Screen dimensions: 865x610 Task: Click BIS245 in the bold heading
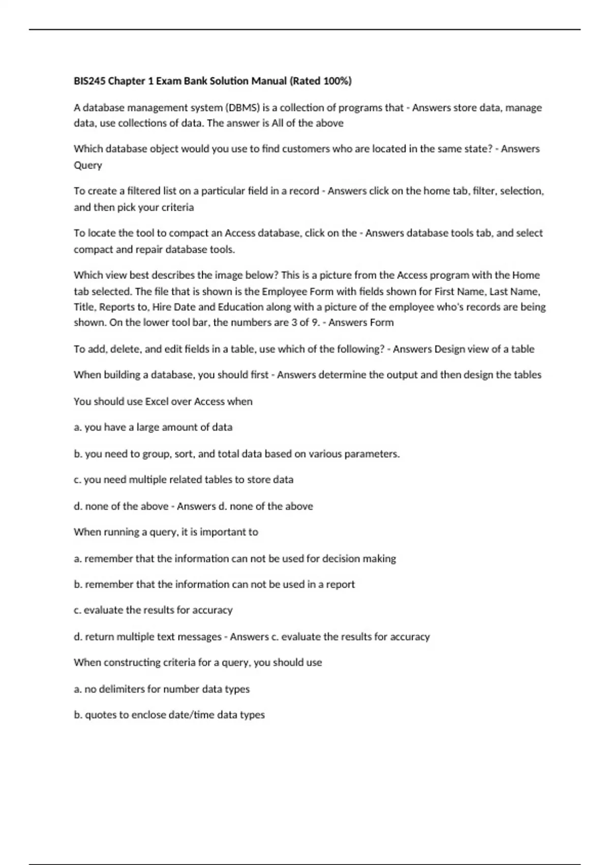click(x=89, y=81)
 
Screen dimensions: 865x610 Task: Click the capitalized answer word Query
click(x=88, y=165)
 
